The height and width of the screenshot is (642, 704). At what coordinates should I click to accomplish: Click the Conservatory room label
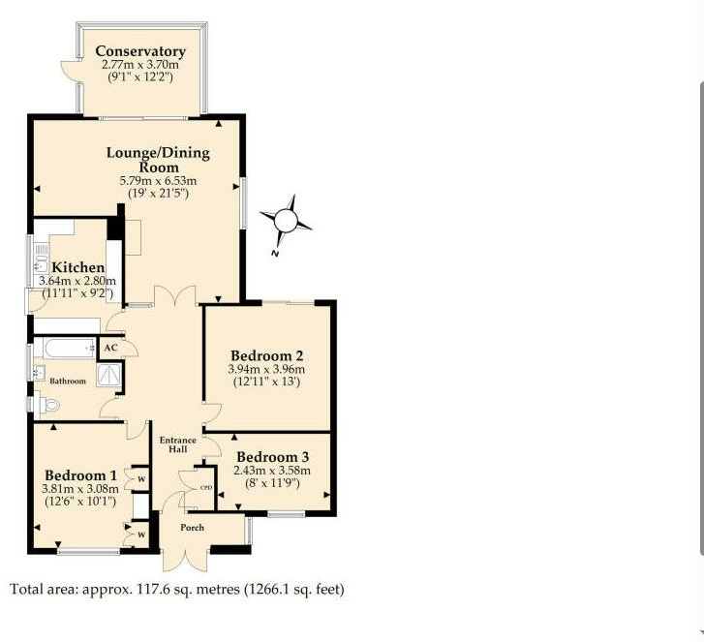tap(140, 51)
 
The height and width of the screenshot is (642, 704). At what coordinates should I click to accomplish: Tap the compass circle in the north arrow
tap(286, 221)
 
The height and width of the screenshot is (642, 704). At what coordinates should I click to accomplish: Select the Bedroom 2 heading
tap(267, 356)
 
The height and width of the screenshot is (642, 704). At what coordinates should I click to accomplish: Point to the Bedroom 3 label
tap(273, 457)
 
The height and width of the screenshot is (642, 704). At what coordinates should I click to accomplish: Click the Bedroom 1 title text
tap(80, 475)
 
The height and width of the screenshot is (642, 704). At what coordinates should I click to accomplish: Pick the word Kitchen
tap(78, 267)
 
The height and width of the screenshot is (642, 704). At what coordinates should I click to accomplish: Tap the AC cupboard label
tap(110, 348)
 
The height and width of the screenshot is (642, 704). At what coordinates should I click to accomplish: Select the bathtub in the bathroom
tap(65, 348)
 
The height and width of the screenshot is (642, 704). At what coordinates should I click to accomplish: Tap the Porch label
tap(192, 528)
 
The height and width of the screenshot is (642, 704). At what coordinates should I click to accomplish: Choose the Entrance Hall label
tap(178, 444)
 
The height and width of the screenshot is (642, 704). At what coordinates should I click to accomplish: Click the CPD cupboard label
tap(206, 488)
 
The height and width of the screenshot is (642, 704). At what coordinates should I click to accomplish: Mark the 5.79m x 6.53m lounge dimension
tap(158, 181)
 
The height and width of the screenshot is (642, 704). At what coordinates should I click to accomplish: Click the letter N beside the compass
tap(275, 254)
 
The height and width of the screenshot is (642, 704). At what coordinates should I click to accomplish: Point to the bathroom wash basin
tap(39, 373)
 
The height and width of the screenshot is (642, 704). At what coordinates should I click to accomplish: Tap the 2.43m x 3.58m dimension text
tap(272, 471)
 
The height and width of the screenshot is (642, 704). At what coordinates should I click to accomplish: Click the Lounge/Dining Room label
tap(158, 160)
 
